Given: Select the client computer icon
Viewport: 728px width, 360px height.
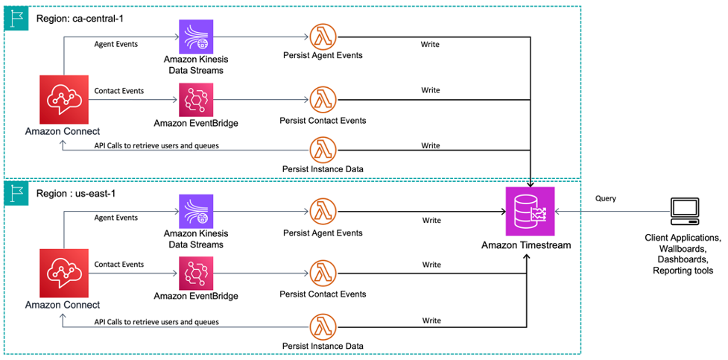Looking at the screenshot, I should [683, 212].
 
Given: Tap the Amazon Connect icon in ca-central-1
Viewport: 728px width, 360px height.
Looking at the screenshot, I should [63, 100].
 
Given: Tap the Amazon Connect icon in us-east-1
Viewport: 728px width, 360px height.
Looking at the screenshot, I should [63, 273].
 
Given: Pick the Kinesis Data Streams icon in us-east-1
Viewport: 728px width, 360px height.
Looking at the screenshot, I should [196, 212].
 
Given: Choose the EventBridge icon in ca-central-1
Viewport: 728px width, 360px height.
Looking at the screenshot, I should [196, 100].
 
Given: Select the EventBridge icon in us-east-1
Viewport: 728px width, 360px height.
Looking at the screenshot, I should [196, 274].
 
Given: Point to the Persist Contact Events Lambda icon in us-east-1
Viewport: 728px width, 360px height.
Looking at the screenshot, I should [323, 274].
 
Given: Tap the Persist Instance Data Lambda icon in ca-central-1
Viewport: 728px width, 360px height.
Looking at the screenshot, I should [323, 148].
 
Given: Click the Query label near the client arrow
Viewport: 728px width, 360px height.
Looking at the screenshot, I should [605, 199].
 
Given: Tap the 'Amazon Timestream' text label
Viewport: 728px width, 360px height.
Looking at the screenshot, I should [526, 245].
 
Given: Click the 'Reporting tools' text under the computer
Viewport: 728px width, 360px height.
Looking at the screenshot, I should [683, 271].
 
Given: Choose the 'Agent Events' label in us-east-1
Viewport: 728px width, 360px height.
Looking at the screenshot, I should [115, 218].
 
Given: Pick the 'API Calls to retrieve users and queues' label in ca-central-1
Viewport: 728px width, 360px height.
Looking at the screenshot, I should [156, 145].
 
